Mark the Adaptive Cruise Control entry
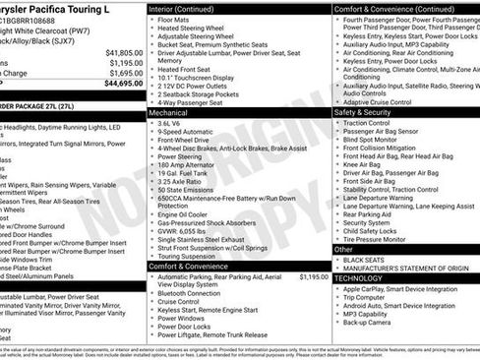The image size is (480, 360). pos(387,100)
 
